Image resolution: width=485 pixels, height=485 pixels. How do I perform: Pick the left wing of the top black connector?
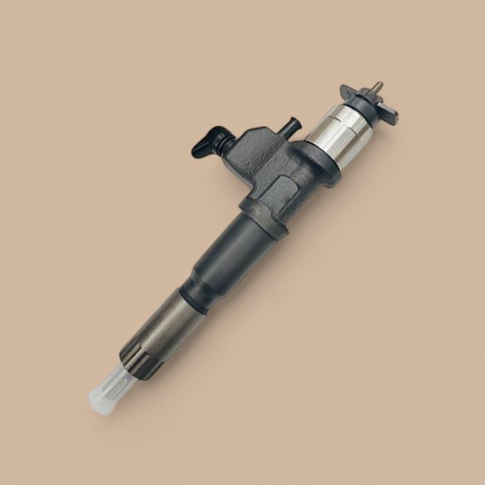coord(349,91)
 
